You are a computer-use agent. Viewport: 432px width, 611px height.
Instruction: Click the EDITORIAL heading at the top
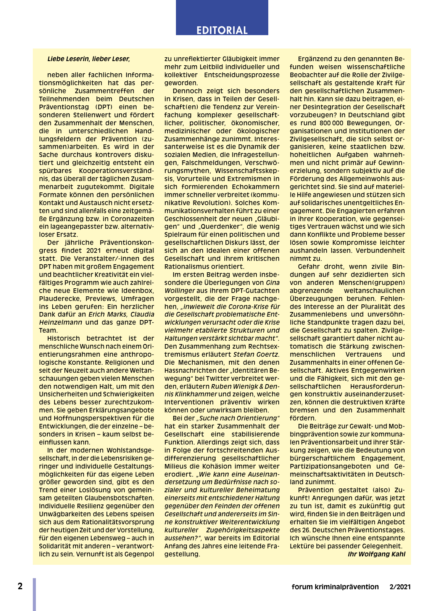(222, 30)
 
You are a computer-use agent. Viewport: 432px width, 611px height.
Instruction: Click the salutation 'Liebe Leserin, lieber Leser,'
(89, 59)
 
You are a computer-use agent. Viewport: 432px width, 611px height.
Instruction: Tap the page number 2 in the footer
(20, 586)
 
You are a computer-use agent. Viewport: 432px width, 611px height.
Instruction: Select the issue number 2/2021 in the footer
(400, 587)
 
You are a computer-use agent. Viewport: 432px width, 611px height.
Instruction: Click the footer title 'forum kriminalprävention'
(335, 587)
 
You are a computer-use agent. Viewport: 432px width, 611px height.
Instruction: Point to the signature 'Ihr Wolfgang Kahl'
(376, 554)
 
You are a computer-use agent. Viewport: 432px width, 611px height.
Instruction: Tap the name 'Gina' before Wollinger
(272, 283)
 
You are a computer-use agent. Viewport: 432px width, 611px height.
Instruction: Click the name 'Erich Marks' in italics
(107, 314)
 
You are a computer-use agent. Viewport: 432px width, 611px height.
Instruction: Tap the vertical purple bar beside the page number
(34, 594)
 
